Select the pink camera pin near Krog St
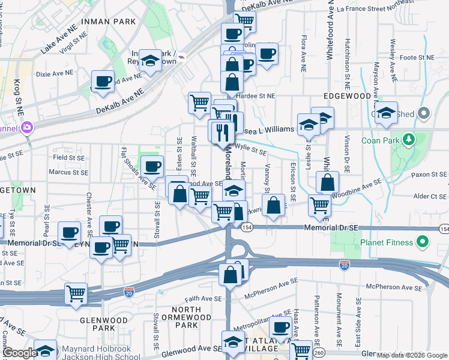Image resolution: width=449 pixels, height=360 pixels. click(26, 127)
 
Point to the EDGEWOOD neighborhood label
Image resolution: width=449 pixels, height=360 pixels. click(348, 96)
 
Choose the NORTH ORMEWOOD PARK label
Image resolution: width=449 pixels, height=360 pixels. click(190, 317)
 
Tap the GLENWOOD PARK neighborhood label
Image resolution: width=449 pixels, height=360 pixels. click(104, 324)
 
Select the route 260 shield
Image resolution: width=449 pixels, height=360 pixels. click(319, 352)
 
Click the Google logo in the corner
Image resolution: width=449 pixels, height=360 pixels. click(20, 353)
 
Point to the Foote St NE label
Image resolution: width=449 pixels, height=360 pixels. click(417, 58)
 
